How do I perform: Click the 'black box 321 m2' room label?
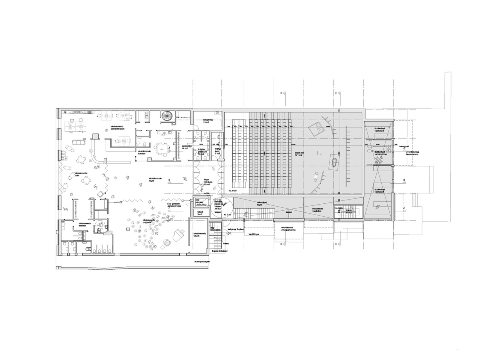pyautogui.click(x=300, y=154)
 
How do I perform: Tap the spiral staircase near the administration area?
pyautogui.click(x=166, y=115)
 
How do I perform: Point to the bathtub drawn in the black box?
pyautogui.click(x=334, y=162)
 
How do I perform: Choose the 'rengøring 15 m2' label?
pyautogui.click(x=207, y=121)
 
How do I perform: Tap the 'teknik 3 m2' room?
pyautogui.click(x=200, y=213)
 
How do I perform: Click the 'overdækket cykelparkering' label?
pyautogui.click(x=288, y=229)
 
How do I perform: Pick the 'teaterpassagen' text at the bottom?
pyautogui.click(x=202, y=262)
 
